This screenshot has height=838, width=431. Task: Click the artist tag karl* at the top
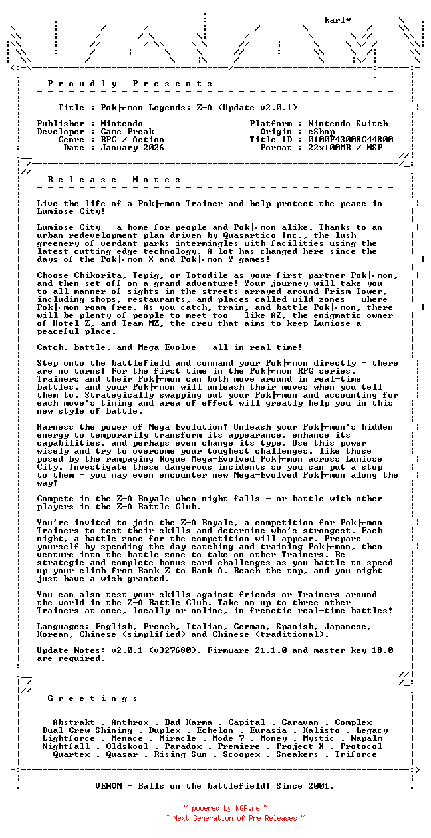[338, 20]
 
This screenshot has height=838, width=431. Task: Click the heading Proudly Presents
[130, 84]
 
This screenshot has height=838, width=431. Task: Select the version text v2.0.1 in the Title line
[276, 108]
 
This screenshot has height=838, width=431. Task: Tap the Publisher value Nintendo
[122, 124]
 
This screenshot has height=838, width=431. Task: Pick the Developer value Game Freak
[127, 132]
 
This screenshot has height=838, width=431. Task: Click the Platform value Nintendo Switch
[348, 124]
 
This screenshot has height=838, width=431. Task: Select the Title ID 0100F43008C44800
[351, 140]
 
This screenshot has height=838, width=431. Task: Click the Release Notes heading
[114, 180]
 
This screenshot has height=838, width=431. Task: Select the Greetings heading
[93, 698]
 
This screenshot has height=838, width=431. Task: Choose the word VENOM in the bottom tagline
[108, 786]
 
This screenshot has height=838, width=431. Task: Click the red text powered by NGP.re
[225, 809]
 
